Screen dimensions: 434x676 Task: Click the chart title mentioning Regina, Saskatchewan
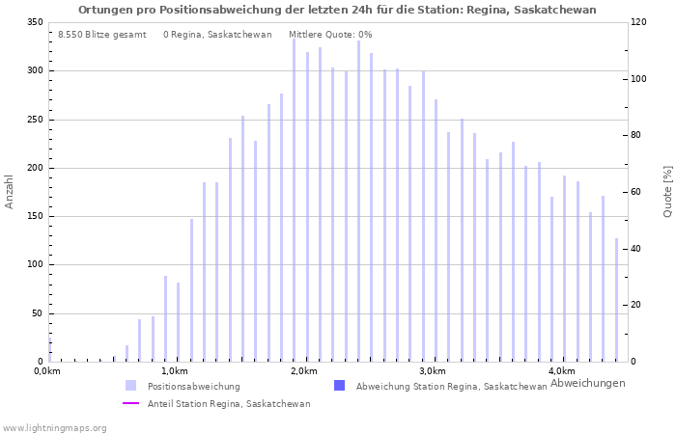point(337,10)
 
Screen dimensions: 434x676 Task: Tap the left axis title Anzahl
point(10,191)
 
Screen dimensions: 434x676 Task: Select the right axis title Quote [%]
point(667,191)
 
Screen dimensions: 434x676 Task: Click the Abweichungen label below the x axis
point(587,383)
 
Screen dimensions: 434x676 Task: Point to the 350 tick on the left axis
point(35,22)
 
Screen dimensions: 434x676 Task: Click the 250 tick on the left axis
point(35,120)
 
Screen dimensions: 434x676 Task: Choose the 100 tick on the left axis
point(35,265)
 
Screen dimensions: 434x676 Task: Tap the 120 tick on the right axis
point(638,22)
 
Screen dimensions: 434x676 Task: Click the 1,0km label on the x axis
point(175,371)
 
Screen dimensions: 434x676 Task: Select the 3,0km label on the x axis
point(433,371)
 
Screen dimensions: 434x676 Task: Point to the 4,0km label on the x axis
point(561,371)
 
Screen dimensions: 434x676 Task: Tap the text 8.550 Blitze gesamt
point(101,35)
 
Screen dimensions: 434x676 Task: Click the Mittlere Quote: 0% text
point(330,35)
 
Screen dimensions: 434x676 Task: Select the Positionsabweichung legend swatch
point(130,386)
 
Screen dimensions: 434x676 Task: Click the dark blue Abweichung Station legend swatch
point(339,386)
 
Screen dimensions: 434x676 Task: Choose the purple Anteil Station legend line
point(130,403)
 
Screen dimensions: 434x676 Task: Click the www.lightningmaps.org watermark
point(54,427)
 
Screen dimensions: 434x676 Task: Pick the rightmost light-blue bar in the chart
point(616,299)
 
